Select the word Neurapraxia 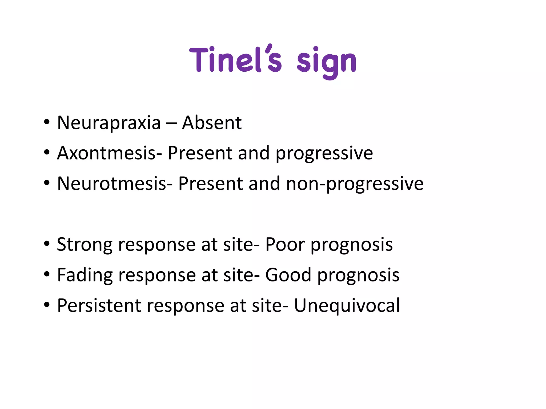click(109, 123)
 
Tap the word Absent click(212, 123)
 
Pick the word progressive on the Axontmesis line click(324, 154)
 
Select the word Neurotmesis click(112, 183)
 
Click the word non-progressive click(355, 184)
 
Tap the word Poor click(285, 244)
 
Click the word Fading click(85, 275)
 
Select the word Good click(288, 275)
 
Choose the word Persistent click(99, 305)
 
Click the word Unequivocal click(347, 305)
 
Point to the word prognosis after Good click(358, 276)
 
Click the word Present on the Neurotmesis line click(210, 183)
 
